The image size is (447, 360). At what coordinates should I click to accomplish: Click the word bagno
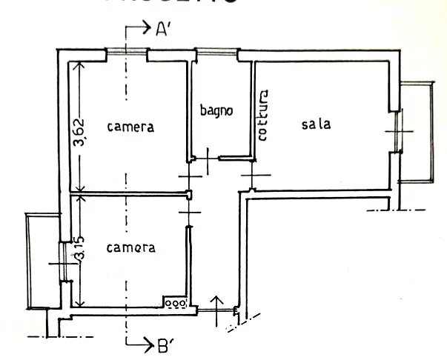pyautogui.click(x=216, y=111)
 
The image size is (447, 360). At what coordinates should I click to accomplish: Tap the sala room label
pyautogui.click(x=315, y=124)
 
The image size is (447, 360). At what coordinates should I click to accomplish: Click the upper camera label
pyautogui.click(x=130, y=127)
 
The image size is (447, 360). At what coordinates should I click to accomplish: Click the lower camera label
pyautogui.click(x=130, y=247)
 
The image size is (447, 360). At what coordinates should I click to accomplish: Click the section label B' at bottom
pyautogui.click(x=163, y=344)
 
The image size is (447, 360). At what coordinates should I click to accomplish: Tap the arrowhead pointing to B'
pyautogui.click(x=145, y=344)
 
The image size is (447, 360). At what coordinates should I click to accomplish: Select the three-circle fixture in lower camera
pyautogui.click(x=176, y=301)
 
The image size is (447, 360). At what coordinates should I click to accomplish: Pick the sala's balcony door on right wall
pyautogui.click(x=398, y=131)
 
